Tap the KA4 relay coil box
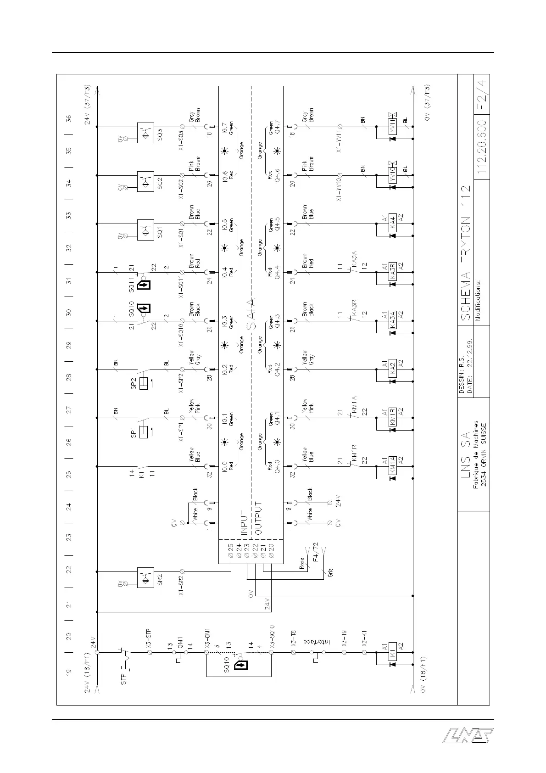392,224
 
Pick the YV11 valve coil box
392,126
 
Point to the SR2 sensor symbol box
145,577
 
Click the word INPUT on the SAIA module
244,523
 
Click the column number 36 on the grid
69,118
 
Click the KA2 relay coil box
392,369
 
